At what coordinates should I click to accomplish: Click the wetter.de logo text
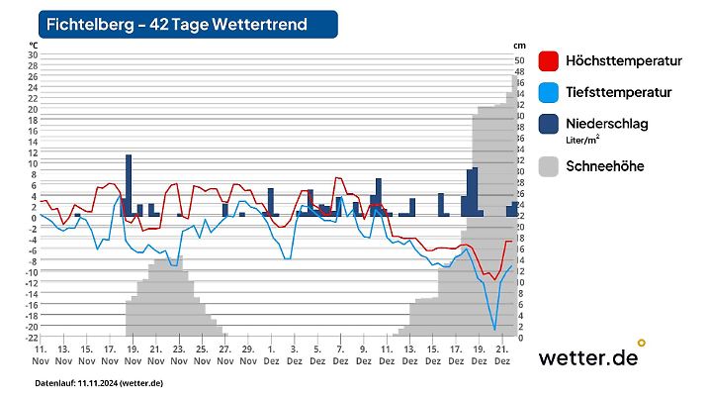[587, 358]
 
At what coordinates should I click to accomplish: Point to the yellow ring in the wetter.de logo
[641, 343]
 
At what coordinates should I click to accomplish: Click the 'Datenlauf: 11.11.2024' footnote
[99, 383]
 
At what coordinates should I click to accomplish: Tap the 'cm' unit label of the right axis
[520, 46]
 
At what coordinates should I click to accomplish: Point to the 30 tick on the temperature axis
[32, 54]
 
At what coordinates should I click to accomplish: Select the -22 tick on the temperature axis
[31, 338]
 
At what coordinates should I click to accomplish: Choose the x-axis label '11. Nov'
[41, 355]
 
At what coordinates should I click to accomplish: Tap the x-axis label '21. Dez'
[501, 355]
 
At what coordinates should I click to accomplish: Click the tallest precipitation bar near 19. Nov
[129, 185]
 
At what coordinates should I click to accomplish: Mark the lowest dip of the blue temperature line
[494, 329]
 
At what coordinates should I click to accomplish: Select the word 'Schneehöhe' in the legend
[604, 166]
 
